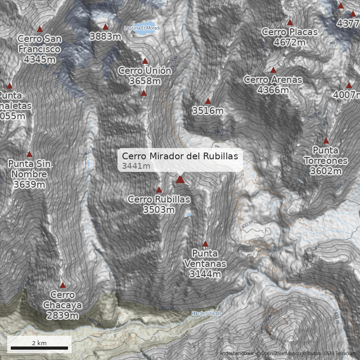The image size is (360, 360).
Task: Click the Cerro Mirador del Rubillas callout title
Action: [180, 156]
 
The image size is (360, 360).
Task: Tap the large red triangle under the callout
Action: [180, 180]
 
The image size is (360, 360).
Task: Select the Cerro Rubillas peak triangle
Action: [159, 190]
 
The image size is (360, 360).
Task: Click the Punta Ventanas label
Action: [205, 258]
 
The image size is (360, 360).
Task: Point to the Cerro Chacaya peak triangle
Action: [63, 285]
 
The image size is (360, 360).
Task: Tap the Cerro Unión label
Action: [144, 71]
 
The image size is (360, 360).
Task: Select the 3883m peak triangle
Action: [105, 27]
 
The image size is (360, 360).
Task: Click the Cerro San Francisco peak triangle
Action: [40, 29]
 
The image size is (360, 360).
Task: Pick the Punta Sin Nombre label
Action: [30, 169]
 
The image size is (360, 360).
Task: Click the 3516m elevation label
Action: [208, 110]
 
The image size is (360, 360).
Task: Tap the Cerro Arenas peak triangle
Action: [273, 70]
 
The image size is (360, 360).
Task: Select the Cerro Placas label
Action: [289, 32]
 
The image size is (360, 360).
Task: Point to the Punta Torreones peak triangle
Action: [326, 141]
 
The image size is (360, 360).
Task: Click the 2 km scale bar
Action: [39, 348]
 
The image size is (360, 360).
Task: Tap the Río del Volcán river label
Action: [207, 313]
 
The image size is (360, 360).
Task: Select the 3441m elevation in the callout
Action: [136, 166]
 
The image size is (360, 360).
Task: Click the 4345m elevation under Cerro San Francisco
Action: [40, 59]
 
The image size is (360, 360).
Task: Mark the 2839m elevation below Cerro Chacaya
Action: [63, 315]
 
